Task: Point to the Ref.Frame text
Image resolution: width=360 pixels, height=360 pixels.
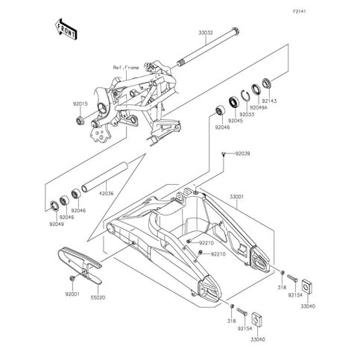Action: (126, 67)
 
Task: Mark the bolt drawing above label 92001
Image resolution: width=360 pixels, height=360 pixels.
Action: (71, 279)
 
